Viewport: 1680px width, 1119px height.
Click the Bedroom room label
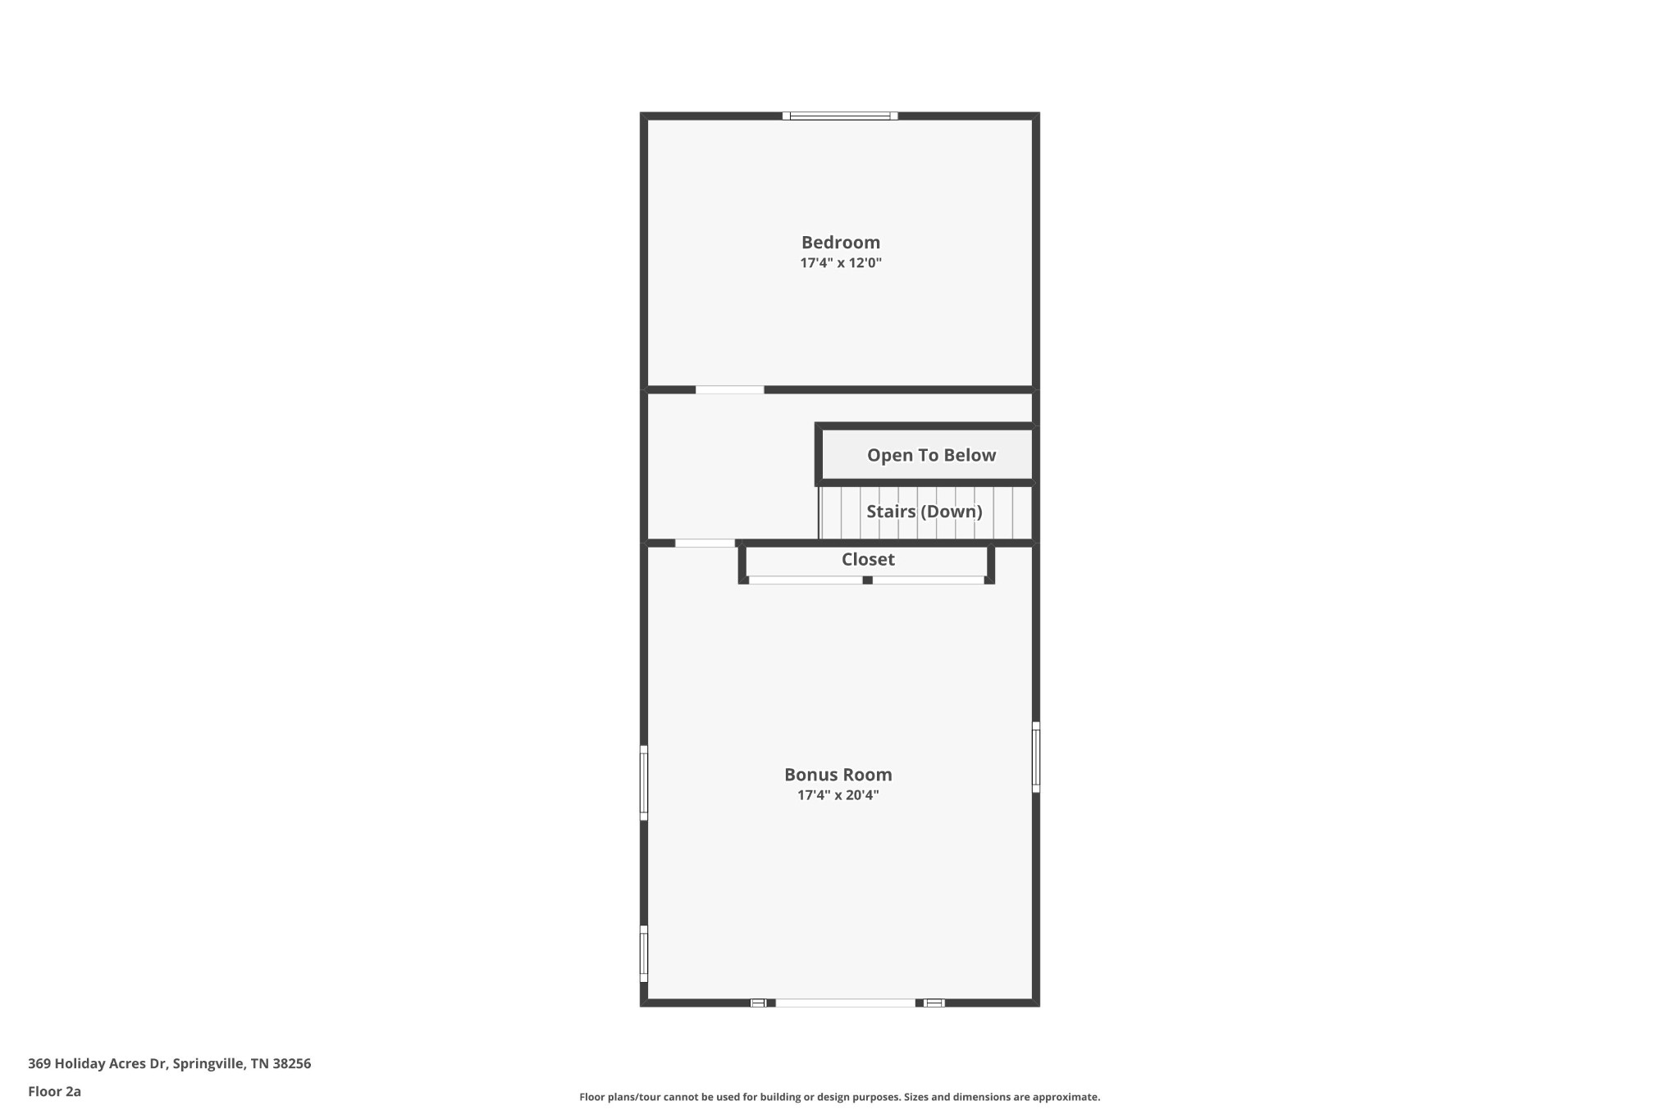[x=840, y=243]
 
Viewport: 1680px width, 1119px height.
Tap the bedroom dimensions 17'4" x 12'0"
[x=840, y=263]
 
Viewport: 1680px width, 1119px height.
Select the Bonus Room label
[x=838, y=775]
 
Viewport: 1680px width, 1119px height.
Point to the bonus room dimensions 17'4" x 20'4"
[x=838, y=795]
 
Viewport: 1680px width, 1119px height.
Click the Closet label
[x=867, y=560]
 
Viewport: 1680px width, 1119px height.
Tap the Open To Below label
[x=931, y=456]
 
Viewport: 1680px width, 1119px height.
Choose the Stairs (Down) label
[x=924, y=512]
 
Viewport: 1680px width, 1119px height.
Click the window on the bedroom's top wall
[x=839, y=116]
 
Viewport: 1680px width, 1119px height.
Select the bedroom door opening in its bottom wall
[x=729, y=390]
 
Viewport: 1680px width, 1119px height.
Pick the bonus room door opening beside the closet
[x=705, y=544]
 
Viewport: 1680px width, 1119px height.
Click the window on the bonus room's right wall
[x=1036, y=757]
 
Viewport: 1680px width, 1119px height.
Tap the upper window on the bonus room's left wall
[x=644, y=782]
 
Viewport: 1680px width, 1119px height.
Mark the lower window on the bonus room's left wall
[x=644, y=953]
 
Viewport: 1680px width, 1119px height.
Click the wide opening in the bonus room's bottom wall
[x=845, y=1003]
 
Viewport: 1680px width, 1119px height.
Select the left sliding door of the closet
[x=805, y=580]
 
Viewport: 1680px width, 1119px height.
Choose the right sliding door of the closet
[x=928, y=580]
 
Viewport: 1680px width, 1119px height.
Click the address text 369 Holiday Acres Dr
[x=98, y=1064]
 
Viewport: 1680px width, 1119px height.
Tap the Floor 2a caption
[x=54, y=1092]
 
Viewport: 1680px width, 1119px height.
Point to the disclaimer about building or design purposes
[x=839, y=1097]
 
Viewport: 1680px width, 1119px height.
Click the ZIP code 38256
[x=291, y=1064]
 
